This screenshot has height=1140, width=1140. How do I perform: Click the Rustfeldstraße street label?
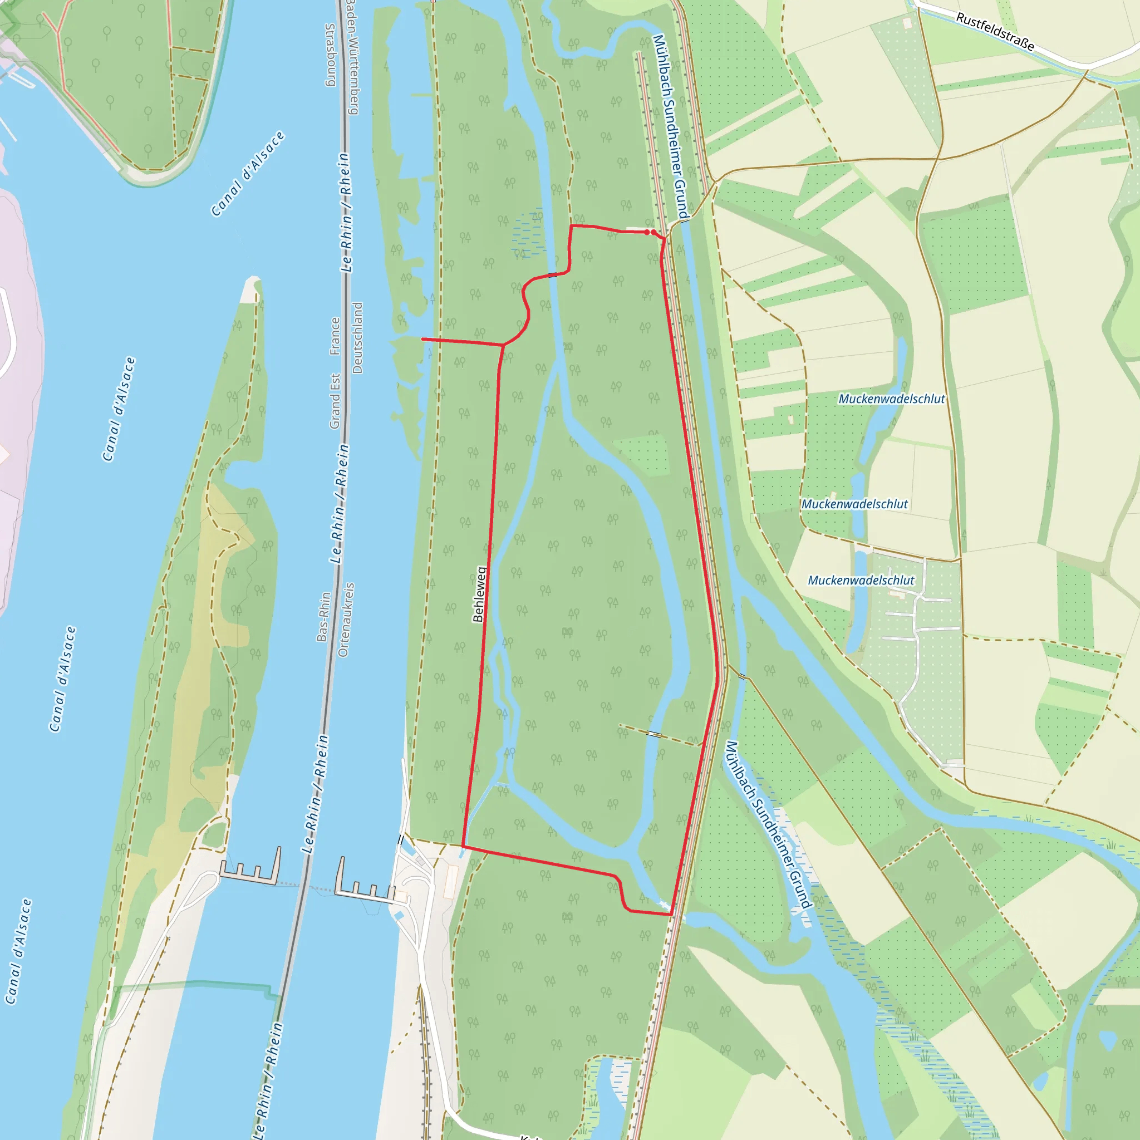tap(995, 32)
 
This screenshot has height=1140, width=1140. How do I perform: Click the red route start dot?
tap(647, 233)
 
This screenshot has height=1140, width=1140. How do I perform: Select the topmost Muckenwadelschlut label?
tap(892, 399)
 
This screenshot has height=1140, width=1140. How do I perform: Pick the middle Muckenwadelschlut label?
tap(854, 504)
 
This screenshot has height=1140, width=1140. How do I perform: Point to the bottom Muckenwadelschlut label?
tap(861, 580)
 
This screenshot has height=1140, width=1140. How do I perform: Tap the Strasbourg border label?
tap(331, 55)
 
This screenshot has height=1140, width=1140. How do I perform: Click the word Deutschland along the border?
tap(357, 338)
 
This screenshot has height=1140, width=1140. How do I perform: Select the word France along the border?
tap(335, 336)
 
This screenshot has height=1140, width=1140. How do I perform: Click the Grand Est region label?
tap(335, 401)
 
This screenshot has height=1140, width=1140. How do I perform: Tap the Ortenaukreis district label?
tap(346, 620)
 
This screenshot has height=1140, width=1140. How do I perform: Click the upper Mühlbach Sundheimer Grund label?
tap(670, 127)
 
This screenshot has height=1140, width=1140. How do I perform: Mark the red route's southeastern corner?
tap(671, 915)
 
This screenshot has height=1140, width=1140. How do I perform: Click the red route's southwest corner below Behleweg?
tap(463, 846)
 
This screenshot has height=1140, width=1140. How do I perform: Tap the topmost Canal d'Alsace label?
tap(248, 174)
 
